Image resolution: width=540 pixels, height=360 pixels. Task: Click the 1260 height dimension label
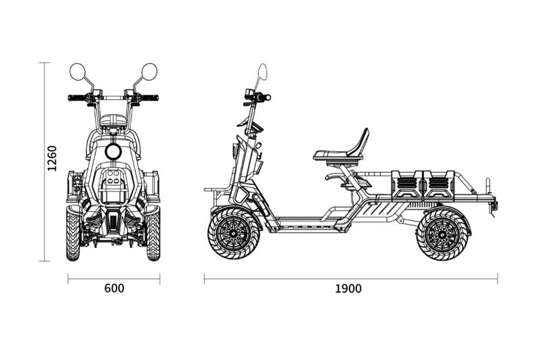[53, 158]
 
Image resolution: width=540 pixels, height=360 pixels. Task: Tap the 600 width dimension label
[114, 288]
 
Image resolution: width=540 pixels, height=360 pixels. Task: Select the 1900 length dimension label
[348, 288]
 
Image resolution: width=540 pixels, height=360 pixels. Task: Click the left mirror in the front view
[77, 70]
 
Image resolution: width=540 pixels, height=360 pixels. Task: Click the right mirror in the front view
[149, 70]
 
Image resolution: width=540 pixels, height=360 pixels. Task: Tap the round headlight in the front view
[113, 151]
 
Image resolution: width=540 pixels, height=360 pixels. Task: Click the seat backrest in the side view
[359, 141]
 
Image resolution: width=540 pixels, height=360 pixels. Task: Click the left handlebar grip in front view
[76, 98]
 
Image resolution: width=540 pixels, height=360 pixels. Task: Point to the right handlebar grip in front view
[151, 98]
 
